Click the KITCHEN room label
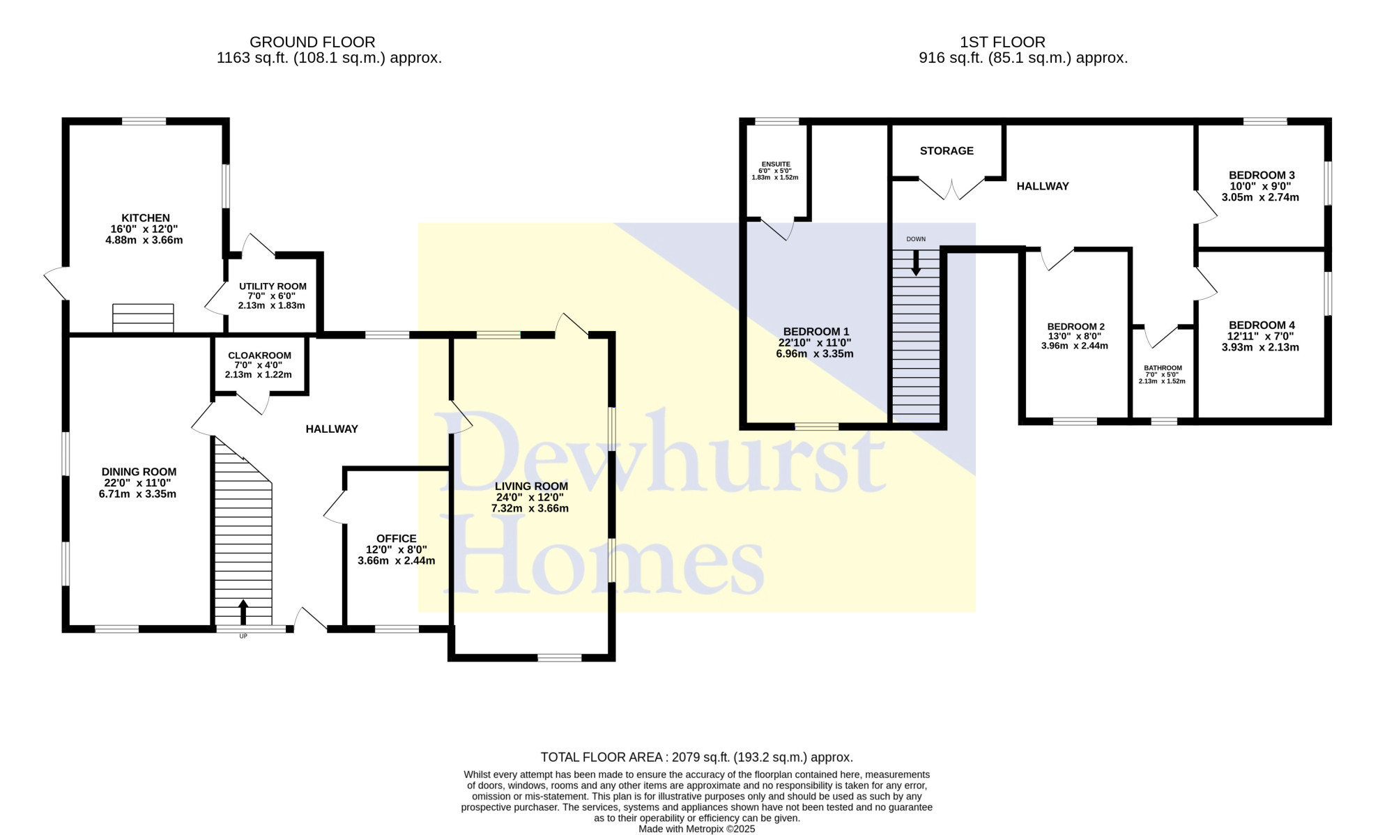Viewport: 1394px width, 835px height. coord(146,218)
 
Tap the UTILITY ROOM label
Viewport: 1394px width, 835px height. coord(273,286)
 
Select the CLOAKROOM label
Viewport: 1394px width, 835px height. coord(259,355)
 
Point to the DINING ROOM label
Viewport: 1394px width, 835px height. coord(139,472)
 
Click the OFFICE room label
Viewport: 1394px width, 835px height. coord(396,539)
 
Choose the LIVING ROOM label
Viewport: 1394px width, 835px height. coord(531,487)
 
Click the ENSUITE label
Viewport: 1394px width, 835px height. coord(776,164)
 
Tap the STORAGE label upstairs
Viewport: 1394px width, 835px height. coord(947,151)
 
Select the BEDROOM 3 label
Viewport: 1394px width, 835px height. coord(1262,176)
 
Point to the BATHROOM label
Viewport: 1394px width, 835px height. coord(1163,368)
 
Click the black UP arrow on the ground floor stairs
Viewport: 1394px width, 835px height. coord(243,612)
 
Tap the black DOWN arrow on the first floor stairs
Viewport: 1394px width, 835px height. coord(916,263)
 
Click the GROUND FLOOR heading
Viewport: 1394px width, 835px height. coord(312,43)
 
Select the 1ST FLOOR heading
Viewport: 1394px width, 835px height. coord(1002,43)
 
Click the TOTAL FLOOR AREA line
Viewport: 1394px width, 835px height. coord(697,757)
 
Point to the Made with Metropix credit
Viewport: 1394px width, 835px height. coord(697,829)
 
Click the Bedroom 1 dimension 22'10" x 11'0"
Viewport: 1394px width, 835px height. coord(815,343)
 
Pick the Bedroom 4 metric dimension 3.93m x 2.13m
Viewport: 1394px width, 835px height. coord(1260,347)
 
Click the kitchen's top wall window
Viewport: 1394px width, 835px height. coord(144,121)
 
